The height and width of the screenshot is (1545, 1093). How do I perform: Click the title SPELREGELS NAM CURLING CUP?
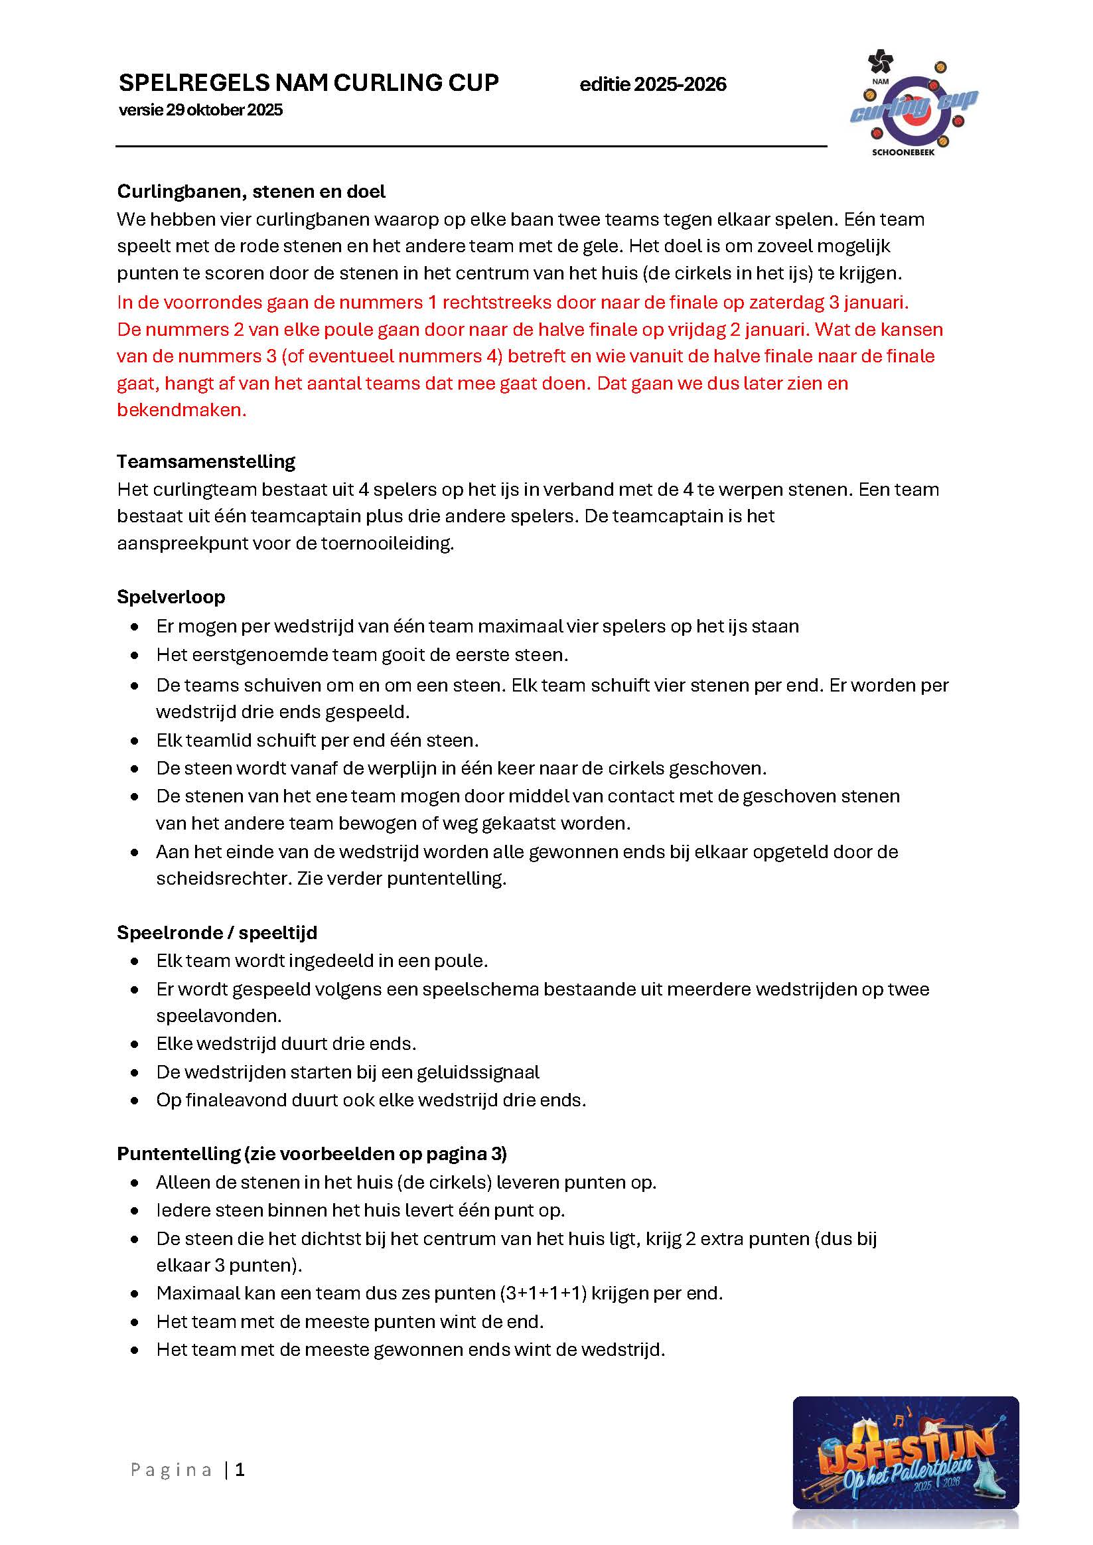point(309,83)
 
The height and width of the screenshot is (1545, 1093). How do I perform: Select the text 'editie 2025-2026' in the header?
point(653,85)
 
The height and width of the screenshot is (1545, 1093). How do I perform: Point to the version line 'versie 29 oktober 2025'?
point(200,110)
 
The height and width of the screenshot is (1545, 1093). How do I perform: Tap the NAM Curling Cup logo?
point(912,102)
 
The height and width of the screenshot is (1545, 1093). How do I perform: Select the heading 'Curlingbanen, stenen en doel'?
point(251,192)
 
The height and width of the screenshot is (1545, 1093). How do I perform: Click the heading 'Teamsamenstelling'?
point(206,462)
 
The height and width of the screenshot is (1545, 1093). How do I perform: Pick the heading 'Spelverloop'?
point(171,597)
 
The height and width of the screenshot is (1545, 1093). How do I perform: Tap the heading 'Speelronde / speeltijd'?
point(217,932)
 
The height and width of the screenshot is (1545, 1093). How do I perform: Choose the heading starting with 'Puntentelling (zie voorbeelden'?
point(312,1154)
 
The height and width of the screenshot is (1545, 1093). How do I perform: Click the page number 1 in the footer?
point(240,1469)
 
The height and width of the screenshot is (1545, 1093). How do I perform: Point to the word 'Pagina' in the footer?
point(172,1470)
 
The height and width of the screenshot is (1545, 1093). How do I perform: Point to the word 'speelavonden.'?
point(219,1015)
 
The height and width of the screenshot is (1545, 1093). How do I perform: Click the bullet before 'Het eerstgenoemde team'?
point(135,656)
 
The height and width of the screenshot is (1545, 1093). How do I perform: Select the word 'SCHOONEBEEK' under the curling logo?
point(903,153)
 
